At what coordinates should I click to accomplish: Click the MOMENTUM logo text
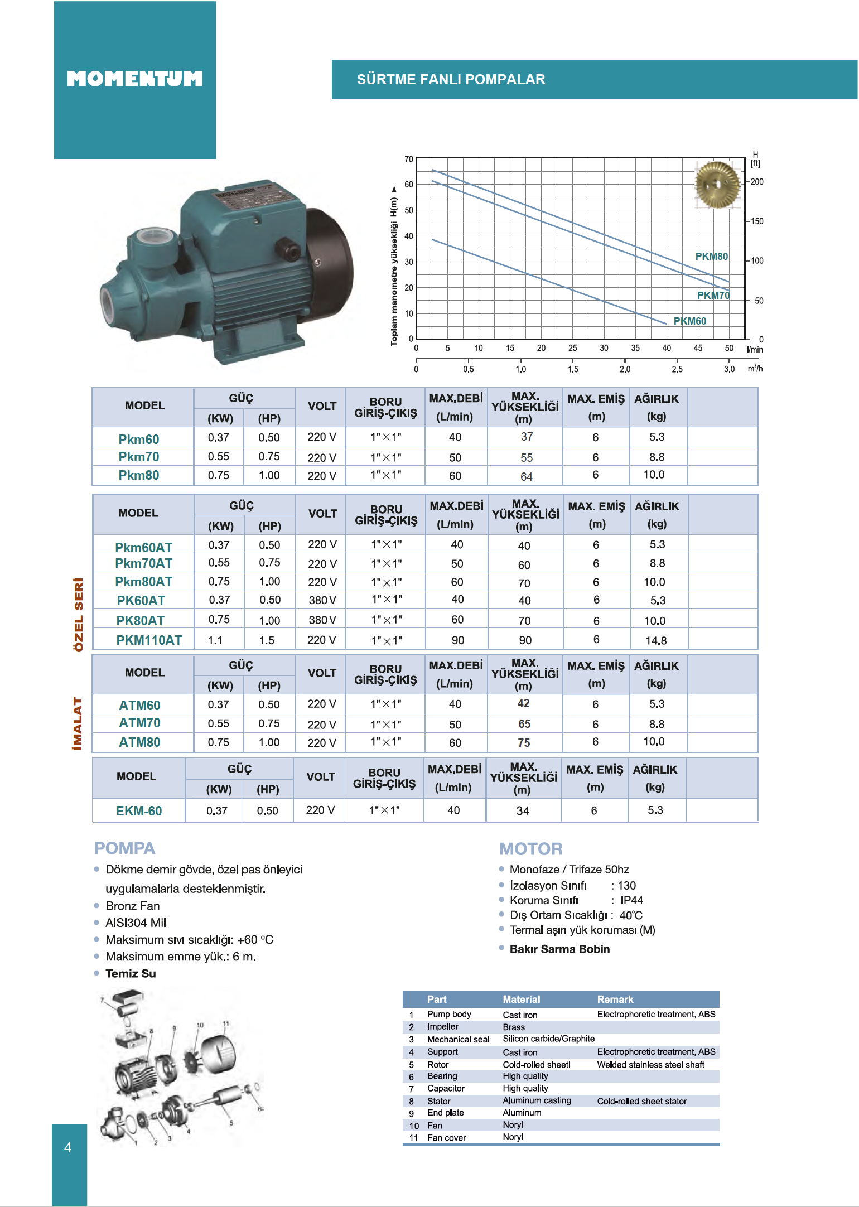(x=134, y=79)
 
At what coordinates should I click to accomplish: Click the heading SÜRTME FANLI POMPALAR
(x=451, y=79)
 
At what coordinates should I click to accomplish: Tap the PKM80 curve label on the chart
(x=711, y=256)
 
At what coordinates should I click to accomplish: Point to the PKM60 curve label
(x=689, y=321)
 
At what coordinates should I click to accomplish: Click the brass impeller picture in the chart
(x=717, y=184)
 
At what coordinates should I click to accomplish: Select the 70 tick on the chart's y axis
(x=409, y=159)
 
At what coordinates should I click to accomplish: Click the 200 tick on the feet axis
(x=757, y=182)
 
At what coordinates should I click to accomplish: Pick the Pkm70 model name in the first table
(x=139, y=457)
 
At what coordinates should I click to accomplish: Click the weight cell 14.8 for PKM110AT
(x=656, y=640)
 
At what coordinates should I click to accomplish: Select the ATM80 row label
(x=139, y=742)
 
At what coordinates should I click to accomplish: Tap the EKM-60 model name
(x=139, y=811)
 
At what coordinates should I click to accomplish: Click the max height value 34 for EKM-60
(x=523, y=811)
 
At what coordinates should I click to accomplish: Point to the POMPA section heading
(x=124, y=848)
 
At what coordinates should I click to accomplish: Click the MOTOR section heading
(x=530, y=849)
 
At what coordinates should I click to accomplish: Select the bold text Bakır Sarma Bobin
(x=559, y=949)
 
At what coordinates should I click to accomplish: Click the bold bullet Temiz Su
(x=131, y=974)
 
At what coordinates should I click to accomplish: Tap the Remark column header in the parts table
(x=615, y=1000)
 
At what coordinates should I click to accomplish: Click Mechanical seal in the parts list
(x=458, y=1039)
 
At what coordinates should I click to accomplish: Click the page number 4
(x=68, y=1147)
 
